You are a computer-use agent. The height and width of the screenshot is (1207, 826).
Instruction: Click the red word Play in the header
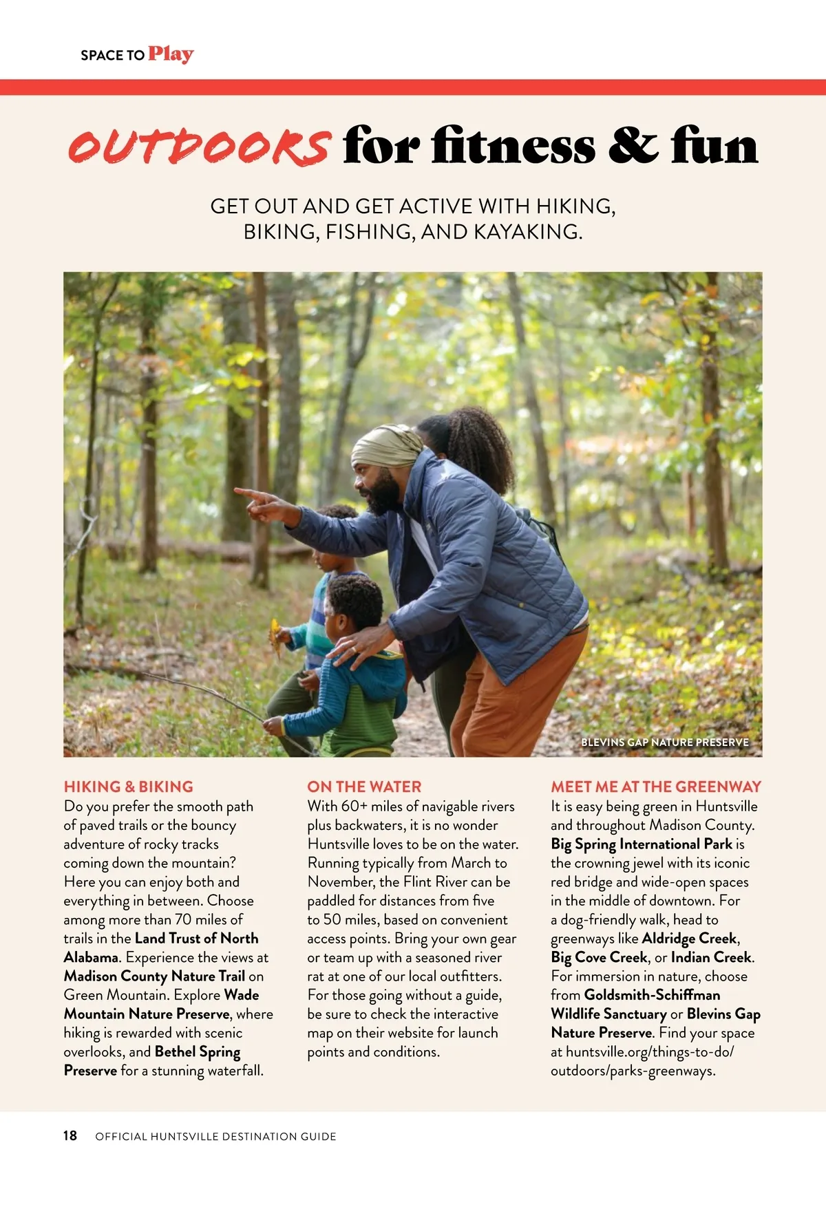[x=171, y=54]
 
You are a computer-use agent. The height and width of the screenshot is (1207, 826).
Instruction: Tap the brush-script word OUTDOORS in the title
[x=199, y=146]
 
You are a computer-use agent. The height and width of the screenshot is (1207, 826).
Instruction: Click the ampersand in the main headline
[x=633, y=146]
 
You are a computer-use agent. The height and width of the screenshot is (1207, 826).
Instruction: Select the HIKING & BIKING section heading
[x=129, y=787]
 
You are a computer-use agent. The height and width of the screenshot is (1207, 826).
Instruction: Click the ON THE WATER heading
[x=364, y=787]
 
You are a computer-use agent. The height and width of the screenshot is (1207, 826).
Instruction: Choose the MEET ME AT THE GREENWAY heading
[x=656, y=787]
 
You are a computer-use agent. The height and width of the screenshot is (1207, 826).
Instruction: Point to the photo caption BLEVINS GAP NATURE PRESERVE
[x=664, y=743]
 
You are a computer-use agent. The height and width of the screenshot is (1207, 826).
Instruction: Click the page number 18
[x=70, y=1135]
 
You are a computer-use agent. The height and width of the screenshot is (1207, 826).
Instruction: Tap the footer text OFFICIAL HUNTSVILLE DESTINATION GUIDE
[x=215, y=1136]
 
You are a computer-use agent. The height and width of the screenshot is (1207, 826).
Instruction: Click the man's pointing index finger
[x=242, y=493]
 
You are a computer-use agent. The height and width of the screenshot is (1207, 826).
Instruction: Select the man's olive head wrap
[x=386, y=447]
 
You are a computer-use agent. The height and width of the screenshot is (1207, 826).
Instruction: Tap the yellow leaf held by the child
[x=275, y=637]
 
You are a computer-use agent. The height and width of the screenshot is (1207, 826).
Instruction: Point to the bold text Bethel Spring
[x=198, y=1051]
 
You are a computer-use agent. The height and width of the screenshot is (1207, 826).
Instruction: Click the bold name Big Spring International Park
[x=642, y=844]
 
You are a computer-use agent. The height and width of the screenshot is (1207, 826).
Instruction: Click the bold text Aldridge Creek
[x=689, y=938]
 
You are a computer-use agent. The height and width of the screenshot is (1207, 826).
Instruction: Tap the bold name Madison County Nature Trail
[x=154, y=976]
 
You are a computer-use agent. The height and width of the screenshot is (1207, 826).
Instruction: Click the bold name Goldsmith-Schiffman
[x=652, y=995]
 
